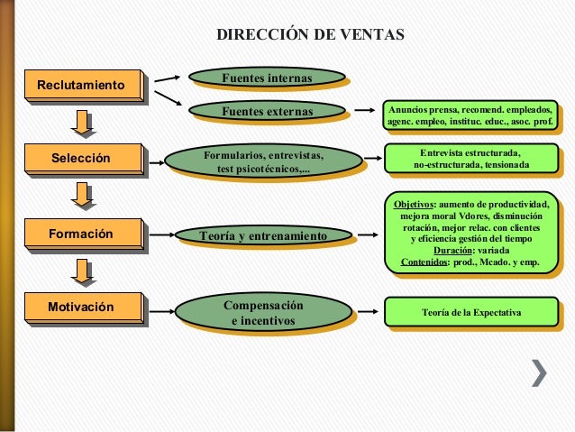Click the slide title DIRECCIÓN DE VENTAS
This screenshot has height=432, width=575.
(311, 35)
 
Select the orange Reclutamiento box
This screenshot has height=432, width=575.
(82, 85)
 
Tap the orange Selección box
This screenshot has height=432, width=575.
(82, 159)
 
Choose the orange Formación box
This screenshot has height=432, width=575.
(82, 234)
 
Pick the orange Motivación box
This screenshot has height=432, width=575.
(82, 308)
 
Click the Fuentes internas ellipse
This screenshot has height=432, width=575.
(267, 79)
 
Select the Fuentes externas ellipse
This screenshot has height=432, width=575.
(267, 112)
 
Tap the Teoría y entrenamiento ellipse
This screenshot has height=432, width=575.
(262, 235)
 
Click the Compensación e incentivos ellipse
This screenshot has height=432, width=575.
(263, 312)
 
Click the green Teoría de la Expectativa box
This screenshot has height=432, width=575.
(470, 311)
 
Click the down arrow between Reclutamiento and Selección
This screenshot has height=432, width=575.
(84, 123)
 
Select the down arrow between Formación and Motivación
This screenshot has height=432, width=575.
(84, 271)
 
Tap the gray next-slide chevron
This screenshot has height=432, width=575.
(539, 372)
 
